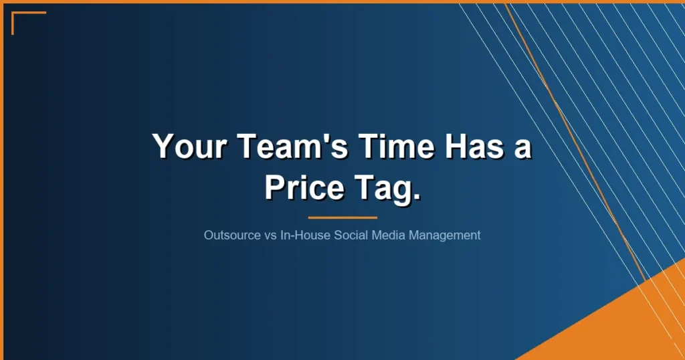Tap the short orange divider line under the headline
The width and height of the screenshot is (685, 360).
(342, 217)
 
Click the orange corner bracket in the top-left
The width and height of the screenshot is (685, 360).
(20, 16)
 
